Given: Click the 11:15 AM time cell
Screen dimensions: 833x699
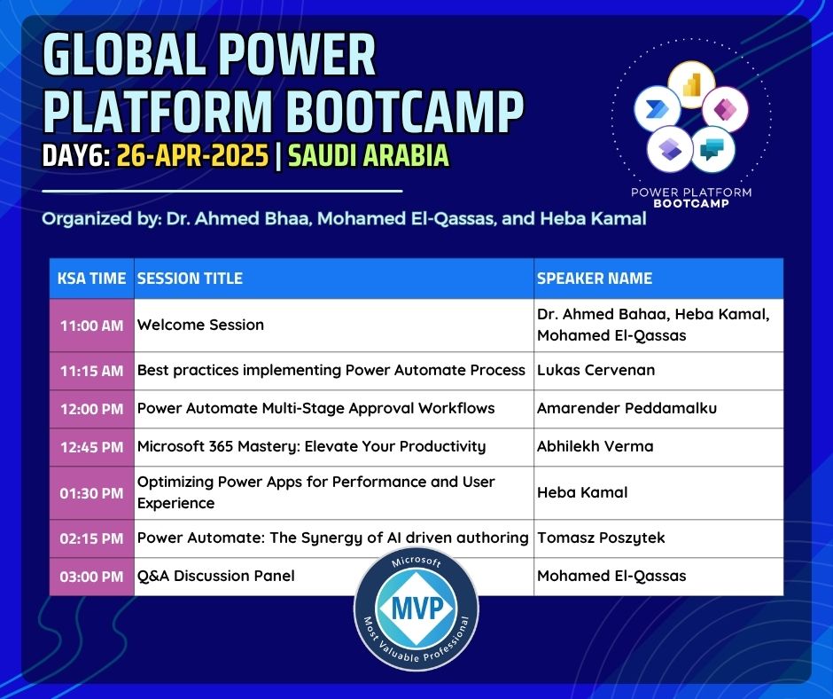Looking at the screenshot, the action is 91,371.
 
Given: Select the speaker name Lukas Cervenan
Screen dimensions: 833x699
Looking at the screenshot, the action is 596,370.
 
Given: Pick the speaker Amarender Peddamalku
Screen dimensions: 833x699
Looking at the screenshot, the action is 627,409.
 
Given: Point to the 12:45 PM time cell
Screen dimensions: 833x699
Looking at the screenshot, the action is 91,447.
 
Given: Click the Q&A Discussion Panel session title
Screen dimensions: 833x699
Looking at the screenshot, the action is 215,576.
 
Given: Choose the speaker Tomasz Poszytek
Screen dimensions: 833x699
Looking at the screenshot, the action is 601,538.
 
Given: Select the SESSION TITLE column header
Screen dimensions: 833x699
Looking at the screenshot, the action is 190,279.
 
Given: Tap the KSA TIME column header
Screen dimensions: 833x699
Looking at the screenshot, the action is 91,279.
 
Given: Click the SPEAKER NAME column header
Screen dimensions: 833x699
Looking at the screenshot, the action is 595,279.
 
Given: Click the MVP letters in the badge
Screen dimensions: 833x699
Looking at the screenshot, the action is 417,608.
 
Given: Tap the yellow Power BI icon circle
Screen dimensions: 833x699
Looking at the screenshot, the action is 691,85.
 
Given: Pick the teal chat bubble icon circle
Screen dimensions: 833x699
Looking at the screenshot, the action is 713,149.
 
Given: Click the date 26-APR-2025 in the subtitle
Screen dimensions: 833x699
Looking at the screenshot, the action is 192,156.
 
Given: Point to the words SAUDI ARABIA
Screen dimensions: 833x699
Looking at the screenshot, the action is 369,156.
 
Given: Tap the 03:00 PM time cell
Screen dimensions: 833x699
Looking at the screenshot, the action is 91,577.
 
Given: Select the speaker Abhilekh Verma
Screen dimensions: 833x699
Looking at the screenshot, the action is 595,446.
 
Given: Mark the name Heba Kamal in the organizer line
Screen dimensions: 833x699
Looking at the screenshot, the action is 594,218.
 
